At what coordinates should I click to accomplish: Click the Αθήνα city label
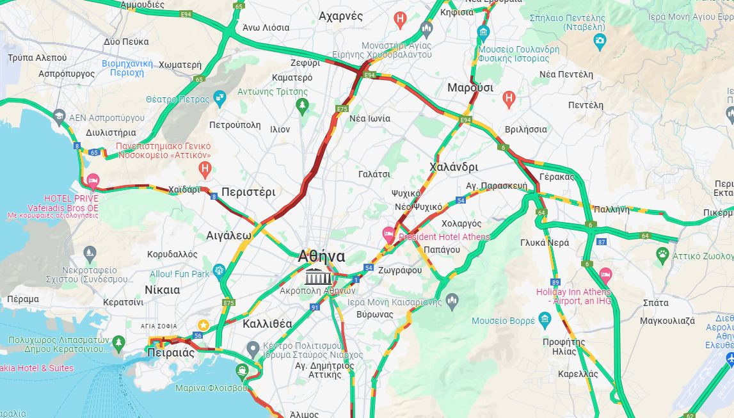coord(321,257)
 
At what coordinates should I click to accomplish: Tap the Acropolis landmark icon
coord(318,277)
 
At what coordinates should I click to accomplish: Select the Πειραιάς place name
coord(171,353)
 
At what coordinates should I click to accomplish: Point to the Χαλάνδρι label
coord(453,167)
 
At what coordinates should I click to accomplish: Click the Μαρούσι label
coord(470,88)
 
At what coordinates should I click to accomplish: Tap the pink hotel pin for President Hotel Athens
coord(388,234)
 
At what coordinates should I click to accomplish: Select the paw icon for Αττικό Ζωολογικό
coord(662,255)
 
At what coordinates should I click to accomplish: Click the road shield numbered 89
coord(555,282)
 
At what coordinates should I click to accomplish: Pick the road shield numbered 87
coord(601,241)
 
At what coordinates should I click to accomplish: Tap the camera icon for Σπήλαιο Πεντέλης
coord(600,42)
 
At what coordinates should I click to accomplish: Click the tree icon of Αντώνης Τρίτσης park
coord(302,105)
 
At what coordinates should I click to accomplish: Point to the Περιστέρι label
coord(248,192)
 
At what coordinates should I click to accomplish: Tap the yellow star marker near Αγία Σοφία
coord(203,325)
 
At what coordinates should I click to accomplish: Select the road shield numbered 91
coord(315,307)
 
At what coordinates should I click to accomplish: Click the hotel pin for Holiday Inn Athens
coord(605,276)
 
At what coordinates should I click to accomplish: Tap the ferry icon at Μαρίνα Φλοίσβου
coord(242,370)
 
